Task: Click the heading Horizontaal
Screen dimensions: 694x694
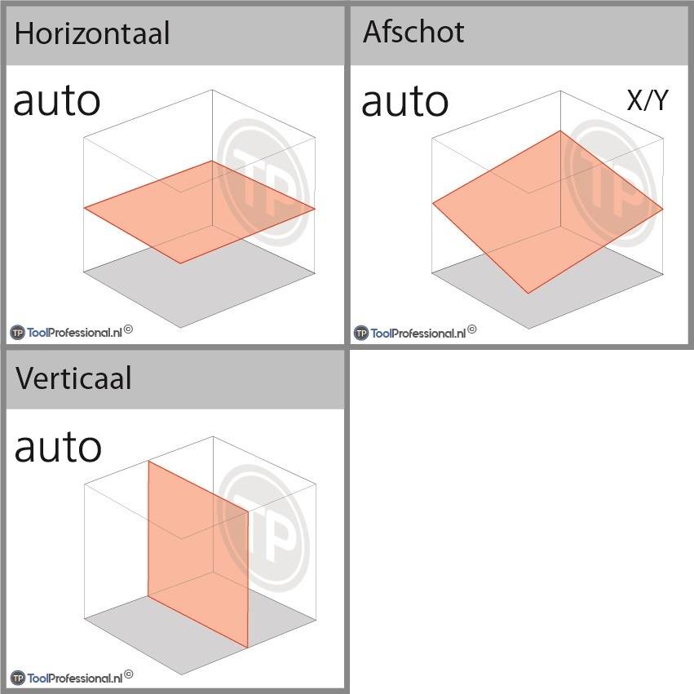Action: click(92, 34)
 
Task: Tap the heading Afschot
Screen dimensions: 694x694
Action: click(413, 33)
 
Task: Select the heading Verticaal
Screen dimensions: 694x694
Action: click(73, 378)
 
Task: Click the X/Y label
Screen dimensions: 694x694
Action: click(647, 100)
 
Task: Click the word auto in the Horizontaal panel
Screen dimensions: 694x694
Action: click(57, 101)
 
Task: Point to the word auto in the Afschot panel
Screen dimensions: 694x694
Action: click(404, 101)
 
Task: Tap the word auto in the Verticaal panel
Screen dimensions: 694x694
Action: click(58, 447)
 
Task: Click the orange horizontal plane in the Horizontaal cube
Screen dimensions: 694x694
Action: click(199, 210)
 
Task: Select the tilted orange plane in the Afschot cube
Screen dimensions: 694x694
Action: click(546, 210)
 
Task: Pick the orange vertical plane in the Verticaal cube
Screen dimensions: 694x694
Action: click(197, 555)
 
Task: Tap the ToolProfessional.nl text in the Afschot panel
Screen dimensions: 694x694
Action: click(418, 332)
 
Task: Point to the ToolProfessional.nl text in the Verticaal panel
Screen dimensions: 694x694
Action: click(74, 678)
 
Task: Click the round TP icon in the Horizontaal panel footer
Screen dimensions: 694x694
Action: click(17, 332)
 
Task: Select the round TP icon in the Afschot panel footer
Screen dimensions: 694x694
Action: click(360, 333)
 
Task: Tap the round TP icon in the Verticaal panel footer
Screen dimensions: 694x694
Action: click(17, 678)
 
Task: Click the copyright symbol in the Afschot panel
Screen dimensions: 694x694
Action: click(472, 329)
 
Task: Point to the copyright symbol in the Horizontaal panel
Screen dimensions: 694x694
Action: click(128, 329)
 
